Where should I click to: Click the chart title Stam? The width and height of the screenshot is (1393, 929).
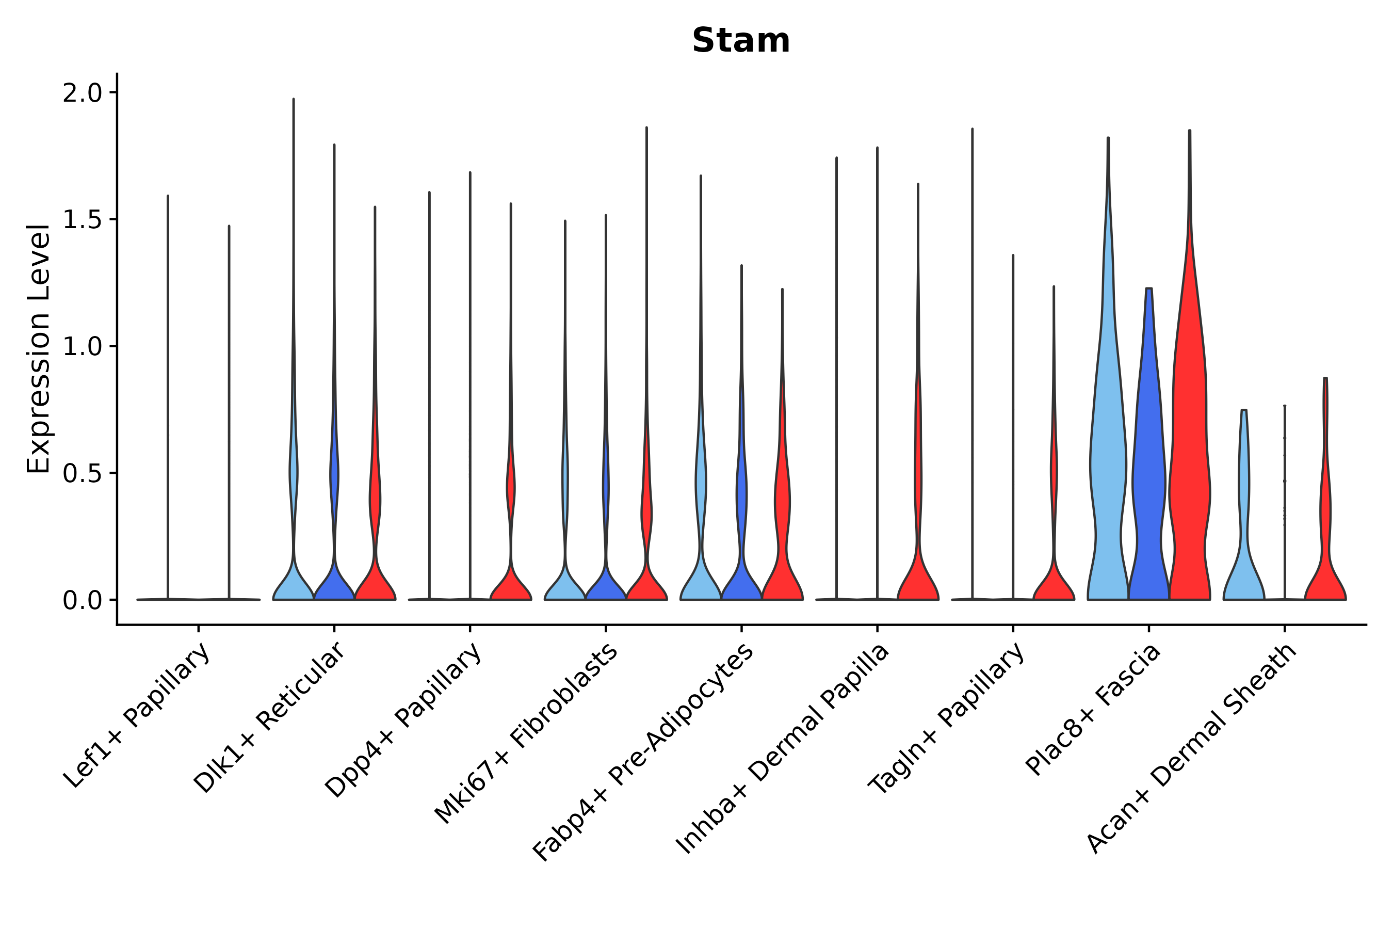[740, 41]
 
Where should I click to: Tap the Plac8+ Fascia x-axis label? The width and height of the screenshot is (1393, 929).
[1093, 709]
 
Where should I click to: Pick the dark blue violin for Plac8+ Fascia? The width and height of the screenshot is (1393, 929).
[1148, 474]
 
